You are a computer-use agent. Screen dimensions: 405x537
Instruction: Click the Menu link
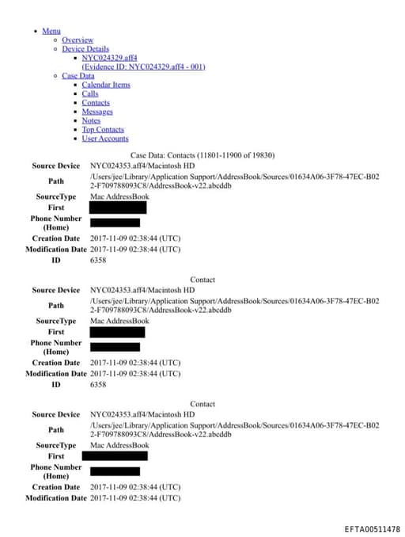[51, 31]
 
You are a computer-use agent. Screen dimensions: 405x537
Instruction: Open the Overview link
[78, 40]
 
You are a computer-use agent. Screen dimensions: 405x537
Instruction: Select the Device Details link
[85, 49]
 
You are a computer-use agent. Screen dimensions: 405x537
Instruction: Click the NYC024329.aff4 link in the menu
[109, 58]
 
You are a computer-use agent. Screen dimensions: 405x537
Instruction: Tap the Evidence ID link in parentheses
[143, 67]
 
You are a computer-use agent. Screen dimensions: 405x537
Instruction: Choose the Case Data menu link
[78, 76]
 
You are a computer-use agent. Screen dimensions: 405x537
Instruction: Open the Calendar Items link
[106, 85]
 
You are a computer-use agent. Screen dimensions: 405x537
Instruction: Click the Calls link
[90, 93]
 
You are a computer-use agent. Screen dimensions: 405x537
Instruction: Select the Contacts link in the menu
[96, 103]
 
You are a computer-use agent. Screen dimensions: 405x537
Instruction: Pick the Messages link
[97, 112]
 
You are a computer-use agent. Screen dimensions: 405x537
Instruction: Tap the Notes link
[91, 120]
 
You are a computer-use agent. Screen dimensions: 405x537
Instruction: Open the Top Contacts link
[103, 129]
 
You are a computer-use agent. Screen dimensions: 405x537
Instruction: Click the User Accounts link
[104, 139]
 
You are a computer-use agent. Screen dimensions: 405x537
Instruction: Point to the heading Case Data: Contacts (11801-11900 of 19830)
[202, 155]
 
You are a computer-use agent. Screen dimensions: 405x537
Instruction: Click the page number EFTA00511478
[372, 528]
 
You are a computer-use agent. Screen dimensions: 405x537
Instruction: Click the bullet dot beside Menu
[36, 31]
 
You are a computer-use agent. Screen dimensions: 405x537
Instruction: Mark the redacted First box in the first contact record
[118, 208]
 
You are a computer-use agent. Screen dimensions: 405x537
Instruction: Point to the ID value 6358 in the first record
[98, 260]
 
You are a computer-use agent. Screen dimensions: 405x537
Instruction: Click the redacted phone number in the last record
[115, 471]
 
